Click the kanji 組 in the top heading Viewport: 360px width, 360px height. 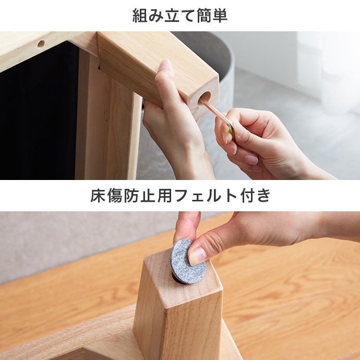pos(140,16)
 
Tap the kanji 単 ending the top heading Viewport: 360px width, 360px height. pos(220,16)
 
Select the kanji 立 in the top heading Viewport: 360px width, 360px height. pos(172,16)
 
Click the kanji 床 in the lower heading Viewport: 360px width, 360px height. pos(98,195)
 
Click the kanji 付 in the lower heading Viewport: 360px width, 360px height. pos(247,195)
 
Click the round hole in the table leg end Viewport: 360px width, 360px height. pos(204,99)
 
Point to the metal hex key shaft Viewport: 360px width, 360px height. pos(216,113)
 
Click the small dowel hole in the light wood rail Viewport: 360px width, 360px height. pos(41,44)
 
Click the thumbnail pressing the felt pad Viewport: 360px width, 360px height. pos(197,256)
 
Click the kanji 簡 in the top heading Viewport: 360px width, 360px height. pos(204,16)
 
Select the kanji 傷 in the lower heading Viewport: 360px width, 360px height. pos(115,195)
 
